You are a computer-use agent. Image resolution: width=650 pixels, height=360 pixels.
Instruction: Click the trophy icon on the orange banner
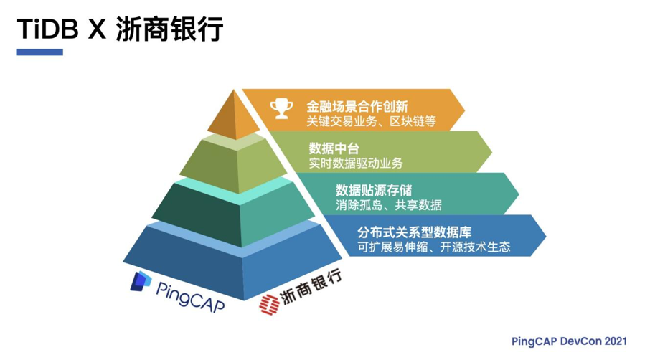click(281, 109)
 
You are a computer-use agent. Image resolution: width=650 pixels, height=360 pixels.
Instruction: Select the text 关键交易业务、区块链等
click(371, 121)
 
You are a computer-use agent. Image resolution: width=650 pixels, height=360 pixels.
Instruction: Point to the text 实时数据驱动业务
click(356, 163)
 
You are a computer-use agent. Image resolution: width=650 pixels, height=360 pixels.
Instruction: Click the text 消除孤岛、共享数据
click(388, 204)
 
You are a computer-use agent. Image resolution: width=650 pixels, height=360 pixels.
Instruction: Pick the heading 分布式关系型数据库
click(414, 232)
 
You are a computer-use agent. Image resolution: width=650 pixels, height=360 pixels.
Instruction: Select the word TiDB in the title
click(44, 30)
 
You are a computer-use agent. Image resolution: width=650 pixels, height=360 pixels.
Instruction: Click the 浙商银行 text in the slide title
click(169, 30)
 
